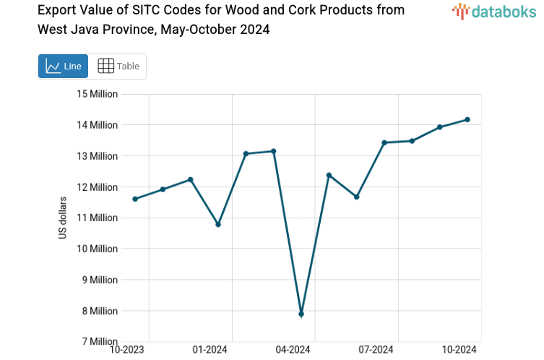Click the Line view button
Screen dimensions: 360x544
(63, 66)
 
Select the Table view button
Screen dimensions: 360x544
(118, 66)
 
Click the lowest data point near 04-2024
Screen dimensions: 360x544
(301, 314)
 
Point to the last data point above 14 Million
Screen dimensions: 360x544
(467, 119)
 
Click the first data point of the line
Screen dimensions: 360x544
(135, 199)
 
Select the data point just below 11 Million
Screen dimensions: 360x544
(218, 224)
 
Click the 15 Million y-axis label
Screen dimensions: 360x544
(98, 94)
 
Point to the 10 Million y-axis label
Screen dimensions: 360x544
(98, 249)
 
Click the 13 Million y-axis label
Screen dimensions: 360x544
(98, 156)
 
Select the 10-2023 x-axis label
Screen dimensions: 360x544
(127, 350)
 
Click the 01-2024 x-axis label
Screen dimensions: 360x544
(210, 350)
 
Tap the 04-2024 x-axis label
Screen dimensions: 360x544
(293, 350)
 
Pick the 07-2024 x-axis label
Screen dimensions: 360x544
(376, 350)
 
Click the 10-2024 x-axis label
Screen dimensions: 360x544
(459, 350)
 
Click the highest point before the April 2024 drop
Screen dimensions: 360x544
(274, 151)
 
